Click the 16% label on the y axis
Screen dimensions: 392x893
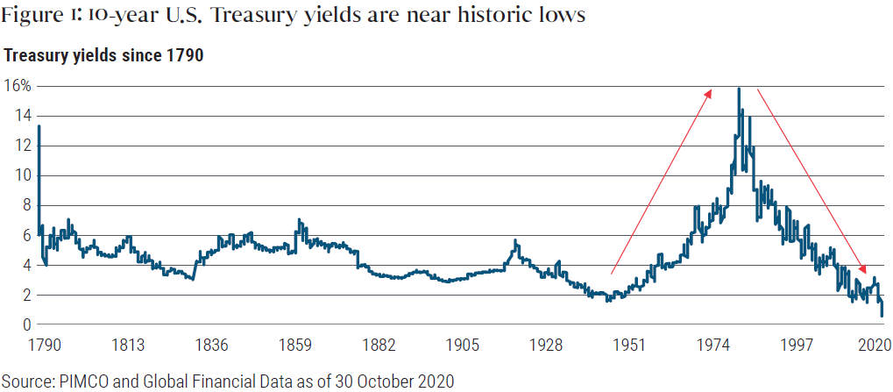pos(18,86)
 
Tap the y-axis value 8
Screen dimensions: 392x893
pos(26,205)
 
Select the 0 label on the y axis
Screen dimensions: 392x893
pos(27,325)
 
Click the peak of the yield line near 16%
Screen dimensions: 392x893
pos(740,89)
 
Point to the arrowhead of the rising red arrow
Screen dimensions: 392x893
pos(710,90)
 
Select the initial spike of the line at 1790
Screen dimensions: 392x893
pos(39,127)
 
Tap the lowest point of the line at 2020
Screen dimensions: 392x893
pos(881,316)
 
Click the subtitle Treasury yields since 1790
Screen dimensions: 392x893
pos(103,56)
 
